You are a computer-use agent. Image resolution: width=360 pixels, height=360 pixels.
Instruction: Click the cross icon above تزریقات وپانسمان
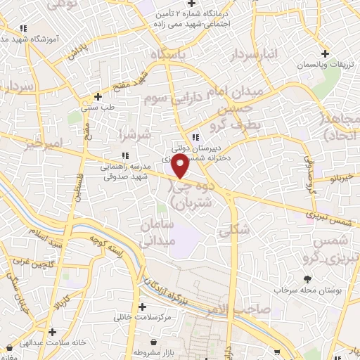pyautogui.click(x=324, y=53)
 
